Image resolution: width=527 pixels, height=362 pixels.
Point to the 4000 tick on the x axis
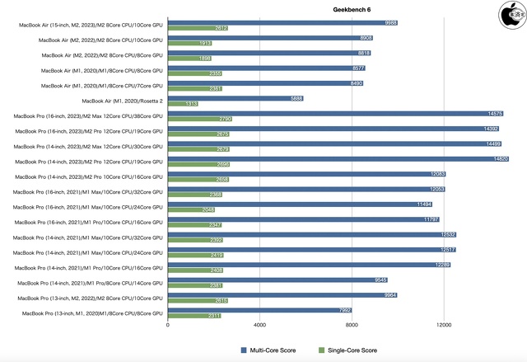point(260,325)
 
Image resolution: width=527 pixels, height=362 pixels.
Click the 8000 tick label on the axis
point(352,325)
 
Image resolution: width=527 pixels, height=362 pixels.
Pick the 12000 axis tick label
point(444,325)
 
